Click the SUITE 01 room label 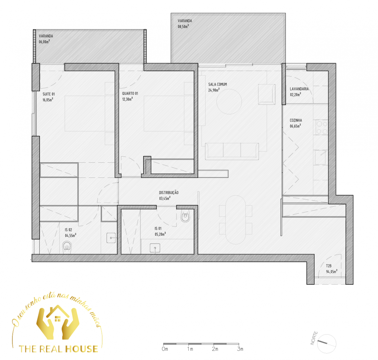point(49,94)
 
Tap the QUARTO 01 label point(130,94)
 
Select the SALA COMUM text point(217,84)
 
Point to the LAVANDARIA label point(299,89)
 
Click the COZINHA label point(296,120)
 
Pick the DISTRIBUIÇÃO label point(169,193)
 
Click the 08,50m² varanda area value point(183,27)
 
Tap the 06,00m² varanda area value point(44,42)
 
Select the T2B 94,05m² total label point(332,269)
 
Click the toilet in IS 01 point(185,216)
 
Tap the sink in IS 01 point(155,248)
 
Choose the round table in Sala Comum point(229,102)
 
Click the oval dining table point(235,220)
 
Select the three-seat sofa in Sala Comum point(232,151)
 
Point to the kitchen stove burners point(322,127)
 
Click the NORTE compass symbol point(326,344)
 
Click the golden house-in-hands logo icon point(58,322)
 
